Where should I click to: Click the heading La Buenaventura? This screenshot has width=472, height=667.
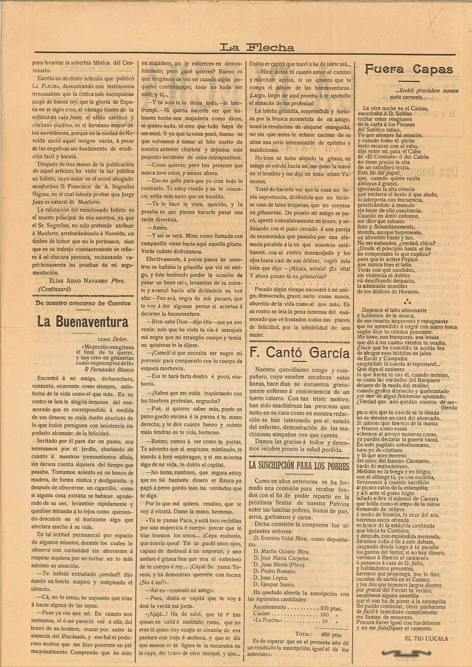[82, 322]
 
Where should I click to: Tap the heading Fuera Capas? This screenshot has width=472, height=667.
[409, 69]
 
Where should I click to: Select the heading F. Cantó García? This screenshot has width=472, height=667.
[299, 352]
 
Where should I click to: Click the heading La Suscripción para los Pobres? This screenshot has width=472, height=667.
[299, 464]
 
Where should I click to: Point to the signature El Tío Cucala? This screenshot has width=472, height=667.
[426, 638]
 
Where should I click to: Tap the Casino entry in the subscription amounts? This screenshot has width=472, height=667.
[262, 614]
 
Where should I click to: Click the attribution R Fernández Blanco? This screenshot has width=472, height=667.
[110, 368]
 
